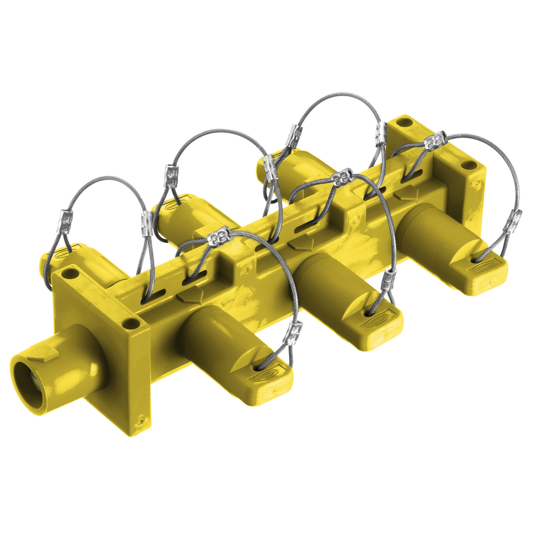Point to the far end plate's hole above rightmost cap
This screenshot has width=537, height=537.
468,165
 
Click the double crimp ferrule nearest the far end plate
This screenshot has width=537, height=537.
435,141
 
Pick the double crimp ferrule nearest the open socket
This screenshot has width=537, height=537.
219,238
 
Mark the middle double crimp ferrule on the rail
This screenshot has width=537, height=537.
343,177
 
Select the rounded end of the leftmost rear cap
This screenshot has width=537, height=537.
45,265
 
